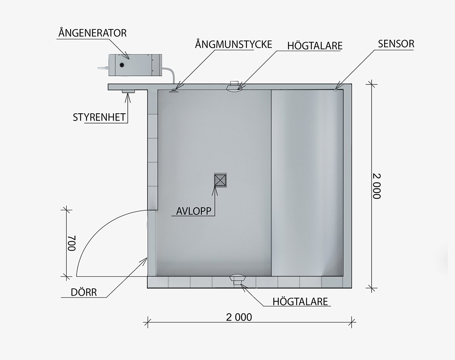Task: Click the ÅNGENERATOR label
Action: coord(93,33)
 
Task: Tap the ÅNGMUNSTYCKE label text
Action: coord(234,44)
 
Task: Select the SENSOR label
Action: coord(396,44)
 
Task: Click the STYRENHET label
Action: coord(99,117)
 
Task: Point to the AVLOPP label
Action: coord(194,211)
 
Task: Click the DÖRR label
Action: coord(84,292)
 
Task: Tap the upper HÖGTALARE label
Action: coord(315,46)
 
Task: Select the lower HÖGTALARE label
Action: coord(300,302)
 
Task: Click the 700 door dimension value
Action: coord(71,243)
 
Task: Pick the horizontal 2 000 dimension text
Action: coord(239,317)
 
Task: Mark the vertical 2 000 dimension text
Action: coord(377,186)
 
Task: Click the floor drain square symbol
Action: coord(220,180)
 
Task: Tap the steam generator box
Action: coord(135,65)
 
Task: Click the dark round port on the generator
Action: coord(122,65)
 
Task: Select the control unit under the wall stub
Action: coord(128,91)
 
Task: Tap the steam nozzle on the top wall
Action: coord(173,91)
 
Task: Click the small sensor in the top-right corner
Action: coord(335,90)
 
